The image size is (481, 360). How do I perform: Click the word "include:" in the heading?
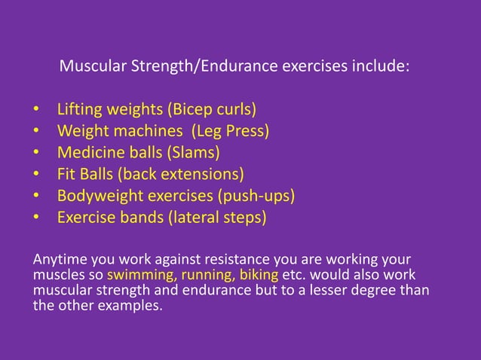coord(381,66)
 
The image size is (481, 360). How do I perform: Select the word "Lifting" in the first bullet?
coord(81,110)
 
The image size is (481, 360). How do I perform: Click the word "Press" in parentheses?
coord(246,132)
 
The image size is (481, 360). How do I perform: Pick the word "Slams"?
coord(196,154)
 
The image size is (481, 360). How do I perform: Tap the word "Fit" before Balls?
coord(67,175)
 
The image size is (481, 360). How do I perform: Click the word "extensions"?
coord(207,175)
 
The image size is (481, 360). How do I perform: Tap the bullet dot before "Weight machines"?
coord(36,133)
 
